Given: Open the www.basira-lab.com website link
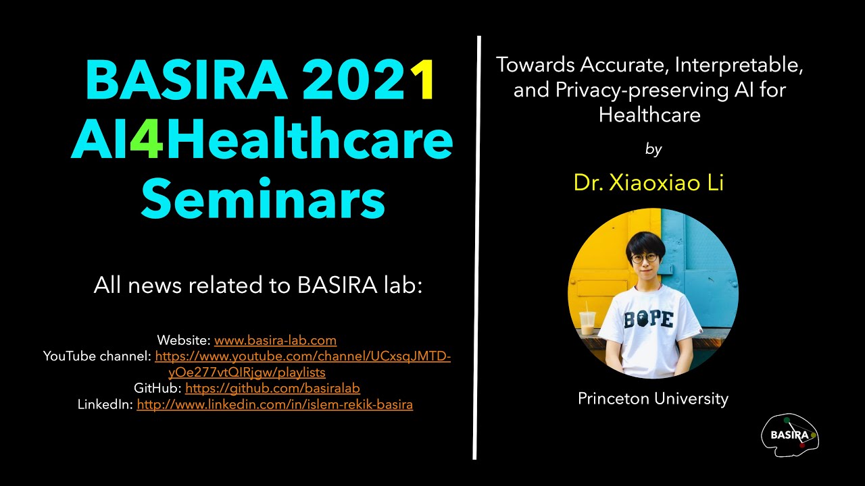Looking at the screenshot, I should coord(275,340).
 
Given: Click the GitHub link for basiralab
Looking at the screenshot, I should coord(272,388).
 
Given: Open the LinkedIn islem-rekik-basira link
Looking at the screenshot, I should coord(274,404).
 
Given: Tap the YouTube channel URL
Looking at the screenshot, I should coord(302,356).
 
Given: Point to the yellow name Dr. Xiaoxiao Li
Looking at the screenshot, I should coord(648,182).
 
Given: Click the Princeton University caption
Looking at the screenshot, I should coord(653,399).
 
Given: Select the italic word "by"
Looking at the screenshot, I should coord(653,149).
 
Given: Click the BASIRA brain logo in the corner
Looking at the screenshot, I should coord(790,435).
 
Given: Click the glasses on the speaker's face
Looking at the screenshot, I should coord(644,257).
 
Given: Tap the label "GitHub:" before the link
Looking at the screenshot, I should coord(157,388).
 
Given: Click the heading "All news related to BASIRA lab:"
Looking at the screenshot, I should coord(257,286).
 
